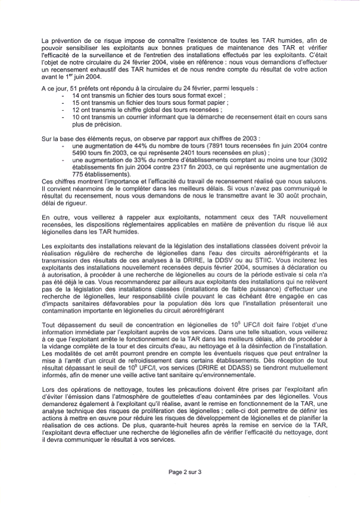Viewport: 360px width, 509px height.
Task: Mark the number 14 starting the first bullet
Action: coord(76,95)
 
